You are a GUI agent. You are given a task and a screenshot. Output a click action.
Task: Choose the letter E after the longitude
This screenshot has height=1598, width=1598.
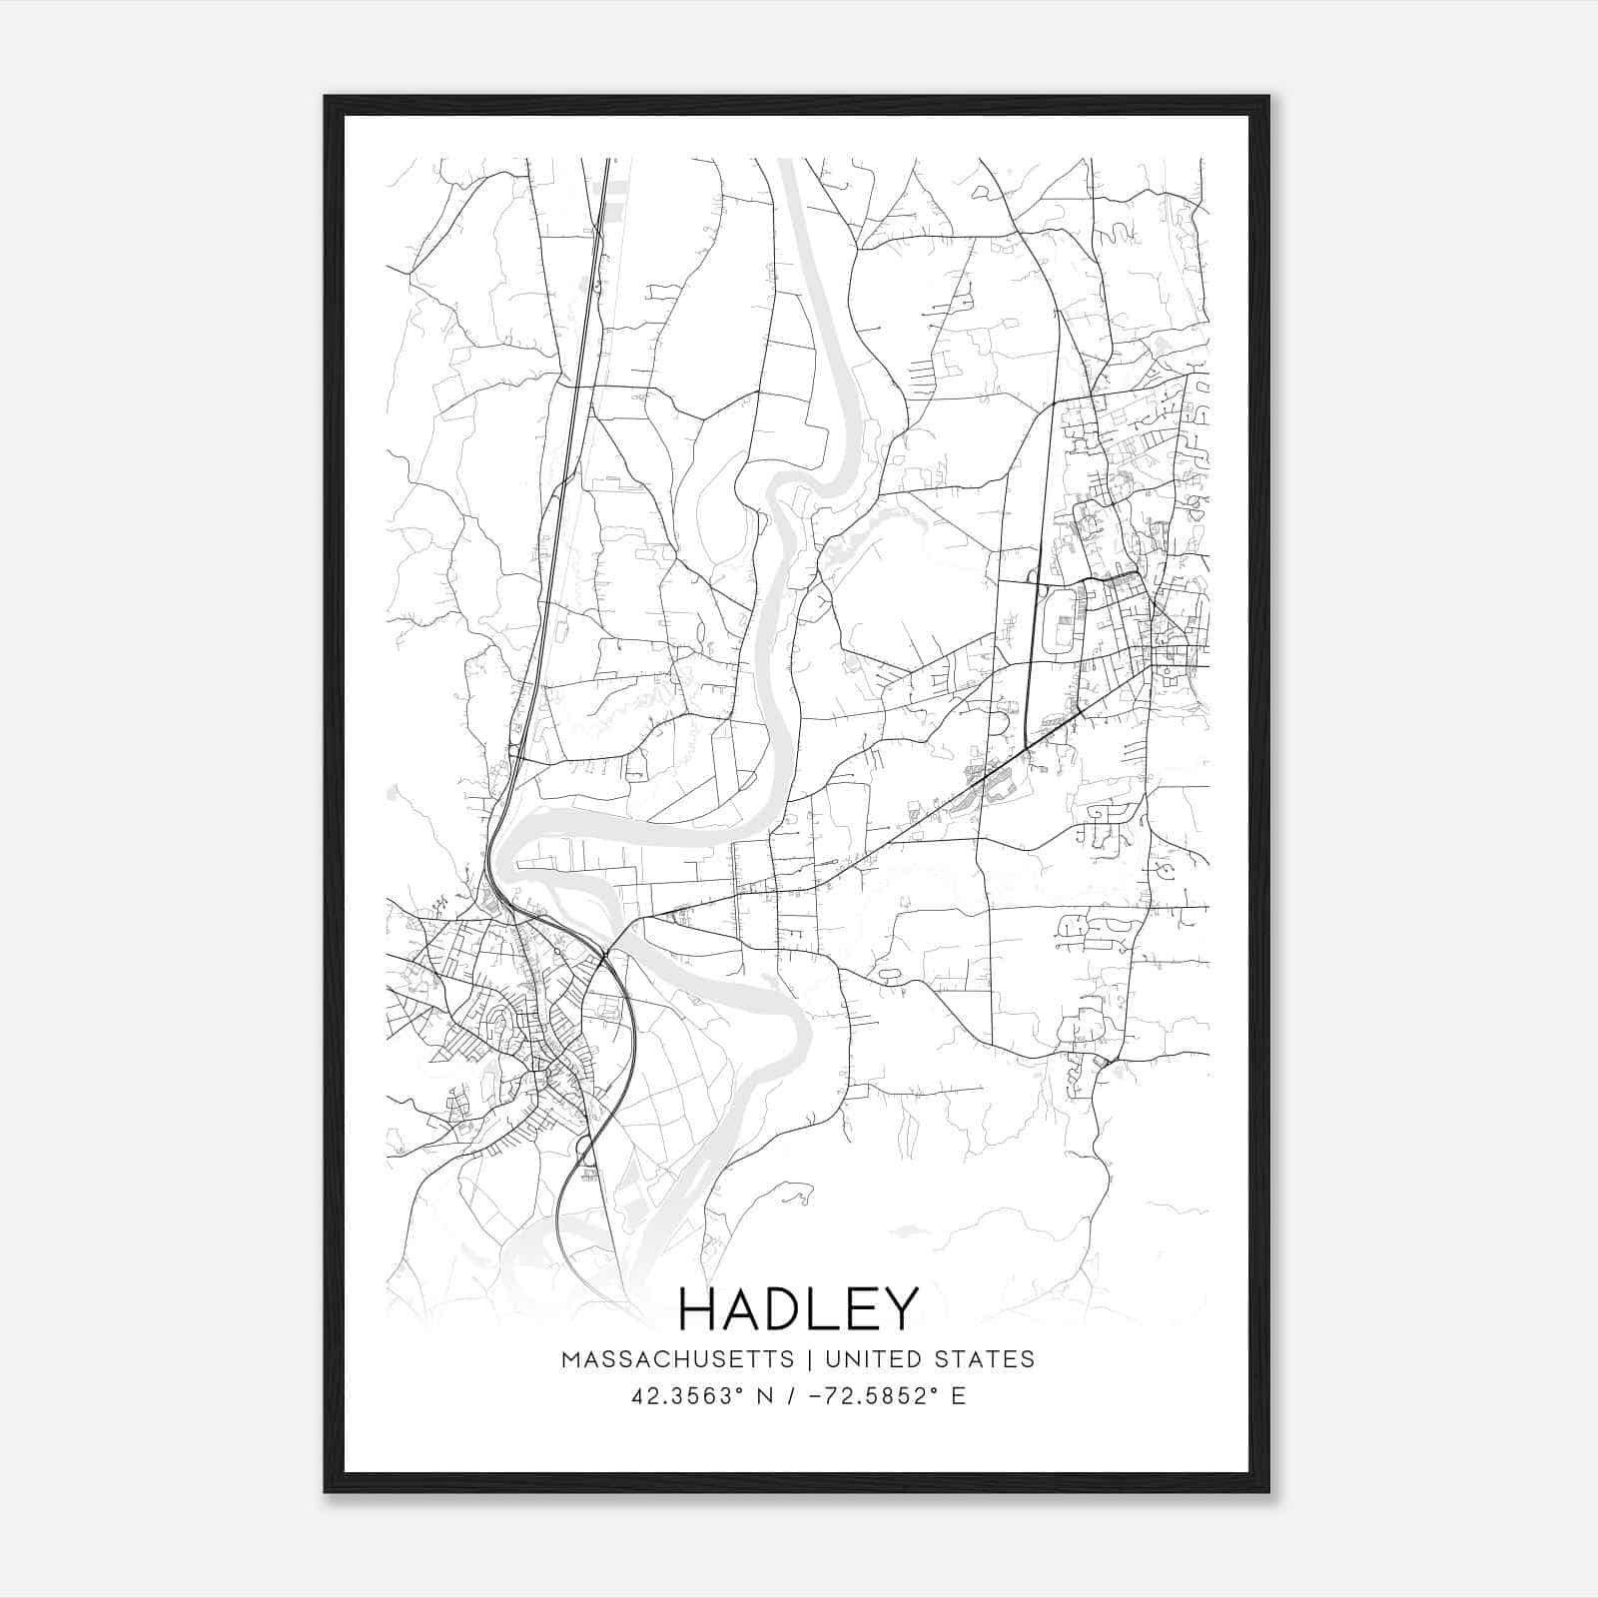click(x=958, y=1395)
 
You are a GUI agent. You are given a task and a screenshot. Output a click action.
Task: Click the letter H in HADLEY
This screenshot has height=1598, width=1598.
click(x=696, y=1308)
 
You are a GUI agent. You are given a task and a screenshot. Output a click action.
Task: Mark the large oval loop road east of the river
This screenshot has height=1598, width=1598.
click(x=1060, y=618)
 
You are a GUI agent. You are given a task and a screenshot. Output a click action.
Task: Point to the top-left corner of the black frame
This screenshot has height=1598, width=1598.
click(x=326, y=97)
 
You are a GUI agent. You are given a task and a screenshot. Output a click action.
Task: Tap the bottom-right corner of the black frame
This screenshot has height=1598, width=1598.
click(x=1269, y=1491)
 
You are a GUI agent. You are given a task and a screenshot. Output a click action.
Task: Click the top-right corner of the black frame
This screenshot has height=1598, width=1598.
click(x=1269, y=97)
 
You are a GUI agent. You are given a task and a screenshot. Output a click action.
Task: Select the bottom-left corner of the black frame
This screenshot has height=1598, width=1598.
click(x=326, y=1491)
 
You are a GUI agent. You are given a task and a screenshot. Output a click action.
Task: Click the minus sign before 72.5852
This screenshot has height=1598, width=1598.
click(x=817, y=1395)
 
